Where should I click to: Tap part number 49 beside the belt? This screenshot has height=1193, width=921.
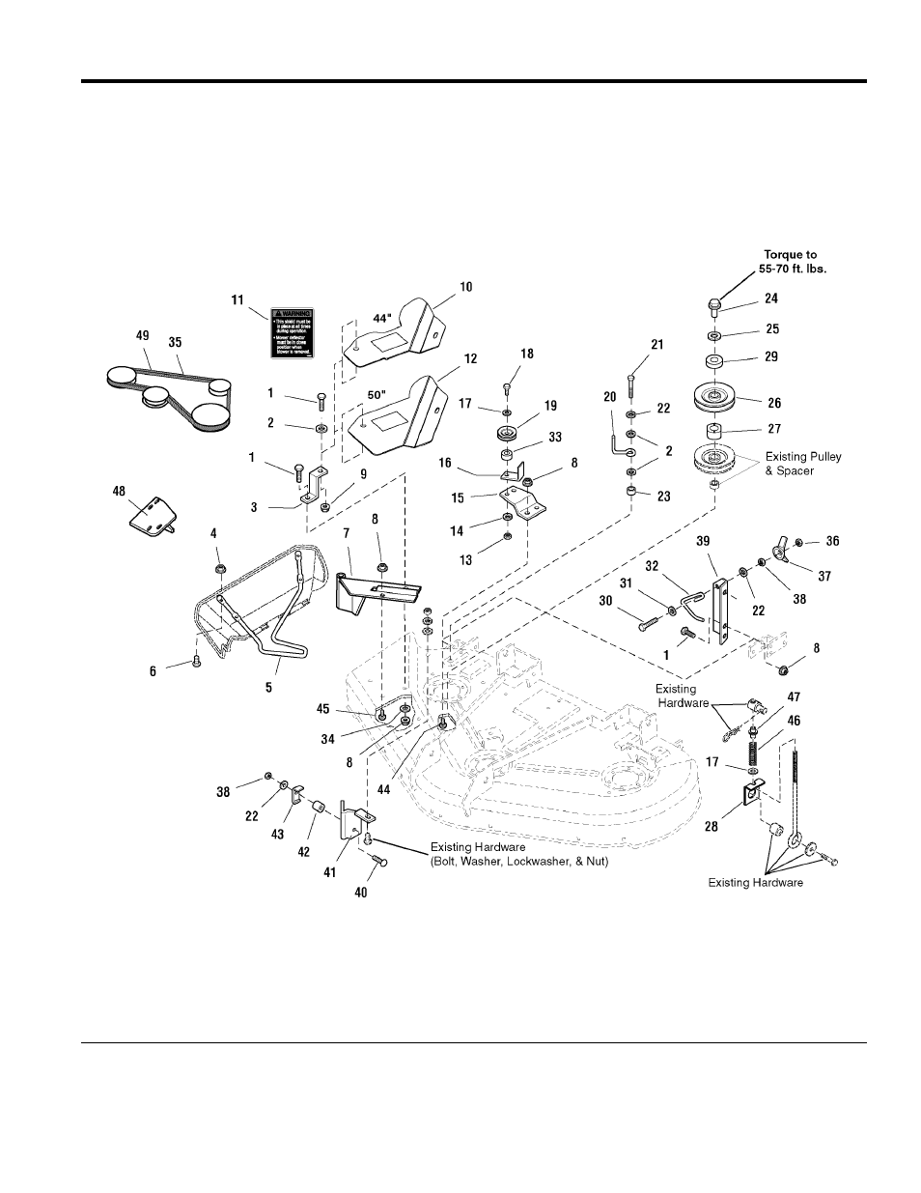point(143,334)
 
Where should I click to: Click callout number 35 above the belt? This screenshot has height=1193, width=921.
point(175,341)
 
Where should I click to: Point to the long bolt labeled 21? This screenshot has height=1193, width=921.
point(631,395)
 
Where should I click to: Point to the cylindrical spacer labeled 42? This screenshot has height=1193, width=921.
point(314,828)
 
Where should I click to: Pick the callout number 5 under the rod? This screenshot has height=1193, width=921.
point(268,688)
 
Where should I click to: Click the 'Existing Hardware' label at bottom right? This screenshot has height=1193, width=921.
point(755,882)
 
